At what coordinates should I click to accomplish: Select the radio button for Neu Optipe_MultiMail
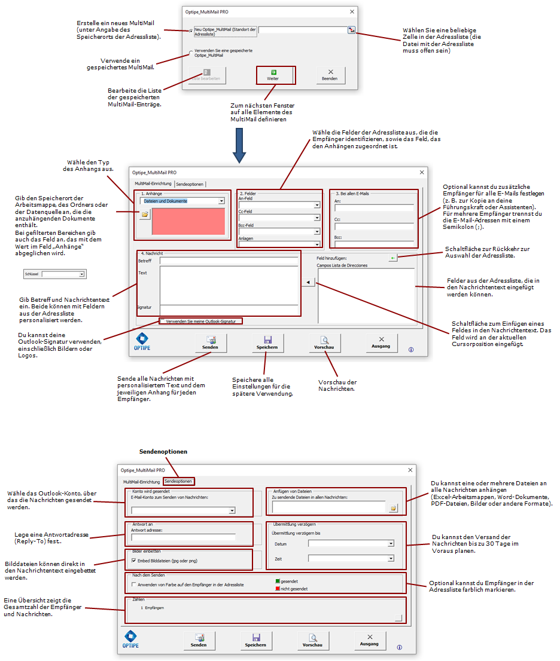tap(191, 30)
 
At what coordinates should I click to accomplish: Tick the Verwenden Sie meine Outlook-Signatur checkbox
tap(163, 322)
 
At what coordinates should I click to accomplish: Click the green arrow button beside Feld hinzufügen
tap(392, 258)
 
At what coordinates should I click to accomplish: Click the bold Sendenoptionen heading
tap(163, 452)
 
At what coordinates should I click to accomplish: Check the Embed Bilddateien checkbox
tap(133, 561)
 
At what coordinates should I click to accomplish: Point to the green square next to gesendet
tap(278, 581)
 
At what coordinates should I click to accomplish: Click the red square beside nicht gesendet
tap(278, 588)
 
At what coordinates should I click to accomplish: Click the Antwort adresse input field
tap(183, 537)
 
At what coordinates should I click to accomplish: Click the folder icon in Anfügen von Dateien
tap(393, 508)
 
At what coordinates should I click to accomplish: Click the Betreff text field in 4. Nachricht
tap(229, 261)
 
